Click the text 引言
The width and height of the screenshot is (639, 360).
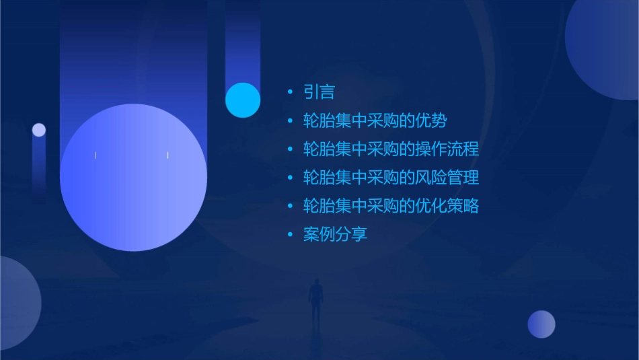pyautogui.click(x=319, y=92)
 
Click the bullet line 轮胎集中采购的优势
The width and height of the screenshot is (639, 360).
pyautogui.click(x=375, y=121)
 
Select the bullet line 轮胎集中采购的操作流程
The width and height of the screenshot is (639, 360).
pyautogui.click(x=391, y=149)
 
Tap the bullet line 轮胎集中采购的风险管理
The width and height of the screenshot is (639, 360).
pyautogui.click(x=391, y=178)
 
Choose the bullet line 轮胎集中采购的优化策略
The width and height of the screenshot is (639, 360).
pyautogui.click(x=391, y=206)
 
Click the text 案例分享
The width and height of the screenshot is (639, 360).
pyautogui.click(x=335, y=234)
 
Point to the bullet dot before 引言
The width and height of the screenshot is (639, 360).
pyautogui.click(x=290, y=92)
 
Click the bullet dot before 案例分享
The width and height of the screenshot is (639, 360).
pyautogui.click(x=290, y=235)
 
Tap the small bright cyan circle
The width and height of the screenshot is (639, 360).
pyautogui.click(x=243, y=100)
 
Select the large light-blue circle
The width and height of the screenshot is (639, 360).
pyautogui.click(x=133, y=178)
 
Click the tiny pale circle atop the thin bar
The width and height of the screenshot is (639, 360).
pyautogui.click(x=39, y=130)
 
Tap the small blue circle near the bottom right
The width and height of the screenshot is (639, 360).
pyautogui.click(x=541, y=324)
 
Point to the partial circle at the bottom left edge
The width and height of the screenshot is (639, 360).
pyautogui.click(x=17, y=303)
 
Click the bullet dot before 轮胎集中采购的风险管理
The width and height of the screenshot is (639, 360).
pyautogui.click(x=290, y=178)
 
